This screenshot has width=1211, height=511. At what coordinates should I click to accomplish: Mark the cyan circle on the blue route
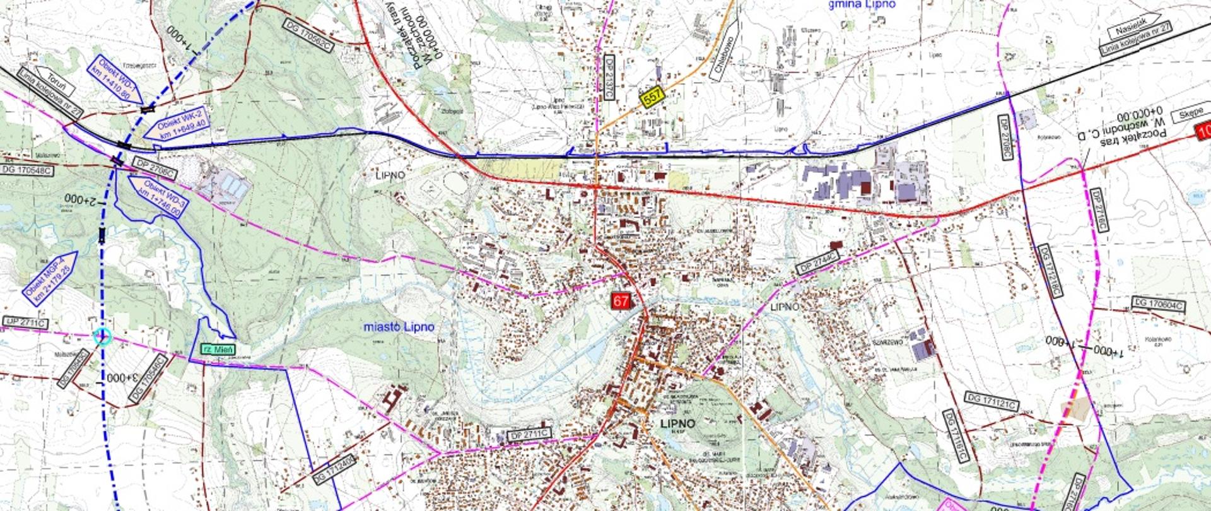point(102,336)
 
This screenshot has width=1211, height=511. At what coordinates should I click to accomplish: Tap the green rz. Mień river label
point(218,349)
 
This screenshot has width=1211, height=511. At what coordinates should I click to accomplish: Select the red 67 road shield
point(621,300)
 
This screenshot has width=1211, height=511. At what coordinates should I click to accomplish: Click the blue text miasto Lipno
point(399,327)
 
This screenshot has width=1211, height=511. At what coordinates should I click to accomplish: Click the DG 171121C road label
point(991,401)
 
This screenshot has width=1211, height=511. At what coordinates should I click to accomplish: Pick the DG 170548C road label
point(26,170)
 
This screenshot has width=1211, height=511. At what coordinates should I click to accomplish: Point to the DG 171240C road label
point(335,467)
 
